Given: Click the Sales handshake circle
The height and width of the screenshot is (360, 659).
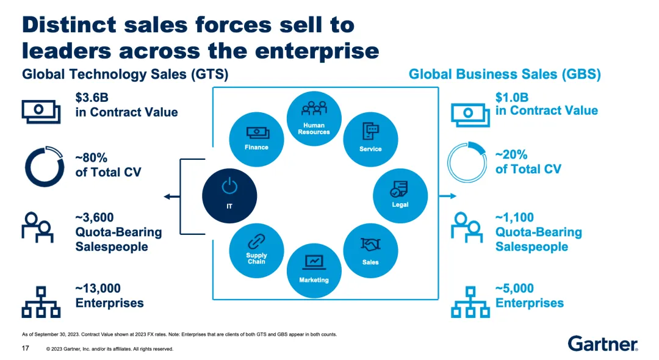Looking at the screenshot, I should coord(370,251).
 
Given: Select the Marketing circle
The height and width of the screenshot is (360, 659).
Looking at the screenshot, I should coord(314,270).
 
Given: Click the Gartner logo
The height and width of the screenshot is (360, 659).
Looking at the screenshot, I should coord(603,344).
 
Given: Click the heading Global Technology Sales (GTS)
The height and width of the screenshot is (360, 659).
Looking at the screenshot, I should coord(125,74).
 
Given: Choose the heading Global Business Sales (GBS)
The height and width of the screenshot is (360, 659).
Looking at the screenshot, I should coord(505,74).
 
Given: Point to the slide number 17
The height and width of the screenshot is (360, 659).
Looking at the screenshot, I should coord(26,348).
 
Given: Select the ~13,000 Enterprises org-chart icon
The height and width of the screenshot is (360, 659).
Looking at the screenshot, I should coord(41,301).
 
